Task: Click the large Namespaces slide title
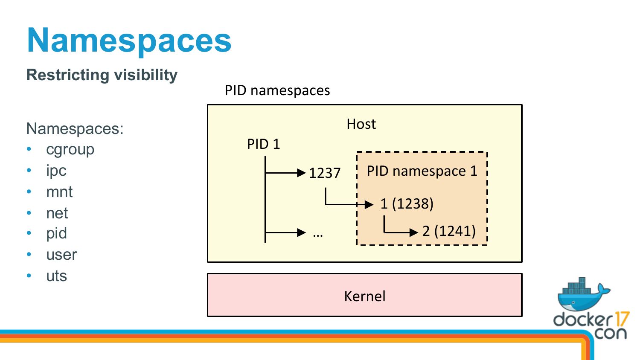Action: (129, 41)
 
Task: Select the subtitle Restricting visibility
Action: (102, 75)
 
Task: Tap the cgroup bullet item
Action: (70, 149)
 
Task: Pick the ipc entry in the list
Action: (56, 171)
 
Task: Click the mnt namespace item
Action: (59, 192)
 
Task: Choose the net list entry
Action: (57, 213)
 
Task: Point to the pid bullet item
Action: (57, 233)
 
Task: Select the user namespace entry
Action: (61, 255)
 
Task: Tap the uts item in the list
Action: (57, 276)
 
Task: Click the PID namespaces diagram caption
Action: (277, 90)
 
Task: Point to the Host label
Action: (361, 124)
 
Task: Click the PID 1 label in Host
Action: (263, 144)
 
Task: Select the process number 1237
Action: (325, 173)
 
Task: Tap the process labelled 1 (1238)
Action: (407, 204)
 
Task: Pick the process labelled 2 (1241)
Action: (449, 231)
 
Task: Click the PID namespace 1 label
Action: (422, 171)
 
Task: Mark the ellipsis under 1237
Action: (318, 235)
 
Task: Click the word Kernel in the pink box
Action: (365, 296)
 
